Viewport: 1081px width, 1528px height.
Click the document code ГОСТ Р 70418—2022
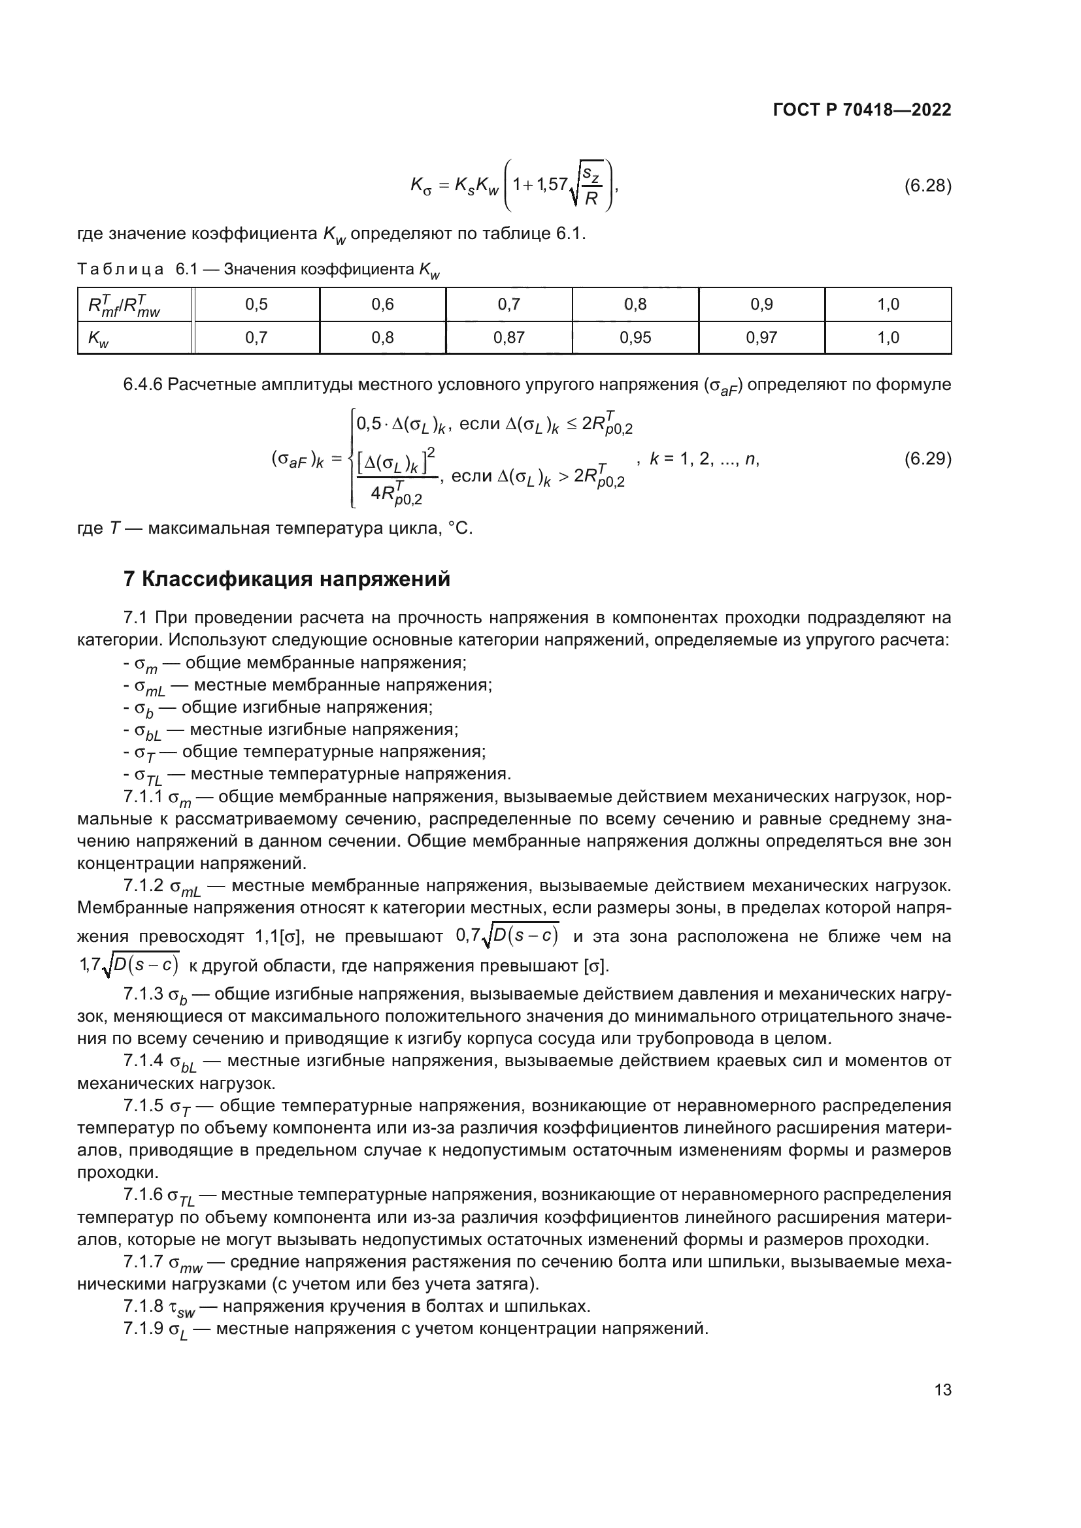[x=862, y=110]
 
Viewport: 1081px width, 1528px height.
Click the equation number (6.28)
[x=927, y=186]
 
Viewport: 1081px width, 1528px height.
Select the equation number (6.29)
[x=927, y=459]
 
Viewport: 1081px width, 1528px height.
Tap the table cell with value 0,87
[x=508, y=337]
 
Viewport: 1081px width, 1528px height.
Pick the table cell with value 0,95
[x=635, y=337]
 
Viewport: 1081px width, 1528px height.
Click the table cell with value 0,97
[x=761, y=337]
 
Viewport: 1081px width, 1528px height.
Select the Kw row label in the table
[x=99, y=339]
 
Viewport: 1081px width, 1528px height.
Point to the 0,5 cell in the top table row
[x=256, y=304]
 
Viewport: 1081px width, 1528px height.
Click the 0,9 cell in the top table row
[x=761, y=304]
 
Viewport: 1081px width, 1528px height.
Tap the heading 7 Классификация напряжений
[x=287, y=579]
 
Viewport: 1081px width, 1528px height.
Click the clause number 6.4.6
[x=142, y=385]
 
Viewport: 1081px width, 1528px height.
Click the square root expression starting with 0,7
[x=507, y=936]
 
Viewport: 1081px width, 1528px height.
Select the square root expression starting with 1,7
[x=129, y=964]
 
